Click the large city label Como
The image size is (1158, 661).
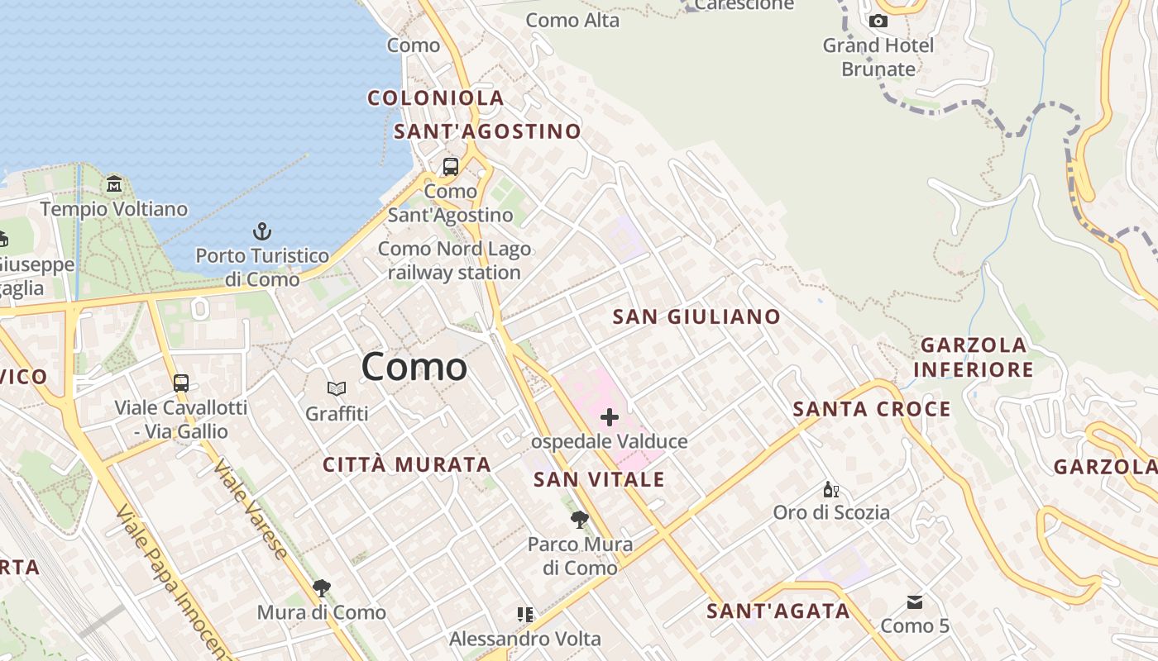[x=414, y=367]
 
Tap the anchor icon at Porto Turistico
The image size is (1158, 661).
[x=262, y=231]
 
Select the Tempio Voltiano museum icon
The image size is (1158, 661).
[x=114, y=183]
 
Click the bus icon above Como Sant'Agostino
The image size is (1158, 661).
[x=451, y=167]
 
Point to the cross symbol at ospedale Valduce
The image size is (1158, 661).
[x=610, y=417]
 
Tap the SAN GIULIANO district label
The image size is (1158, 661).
[x=696, y=316]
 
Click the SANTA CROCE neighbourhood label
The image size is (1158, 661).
[x=872, y=409]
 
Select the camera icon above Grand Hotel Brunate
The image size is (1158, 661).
[x=878, y=21]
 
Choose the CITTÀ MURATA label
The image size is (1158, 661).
[x=407, y=465]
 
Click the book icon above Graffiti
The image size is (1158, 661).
[x=337, y=388]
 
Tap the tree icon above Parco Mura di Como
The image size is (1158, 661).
[x=580, y=520]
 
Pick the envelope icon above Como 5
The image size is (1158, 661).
[x=915, y=602]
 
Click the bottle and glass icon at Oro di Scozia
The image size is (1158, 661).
[x=831, y=490]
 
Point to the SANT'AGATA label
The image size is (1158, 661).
[x=778, y=611]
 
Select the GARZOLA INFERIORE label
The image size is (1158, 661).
[x=974, y=357]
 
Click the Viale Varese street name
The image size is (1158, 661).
[x=251, y=508]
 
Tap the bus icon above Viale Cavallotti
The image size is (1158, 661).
[x=181, y=383]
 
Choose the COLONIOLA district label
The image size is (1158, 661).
[x=436, y=98]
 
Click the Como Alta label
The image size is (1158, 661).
[x=572, y=21]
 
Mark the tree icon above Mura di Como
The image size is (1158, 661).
[x=322, y=588]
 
